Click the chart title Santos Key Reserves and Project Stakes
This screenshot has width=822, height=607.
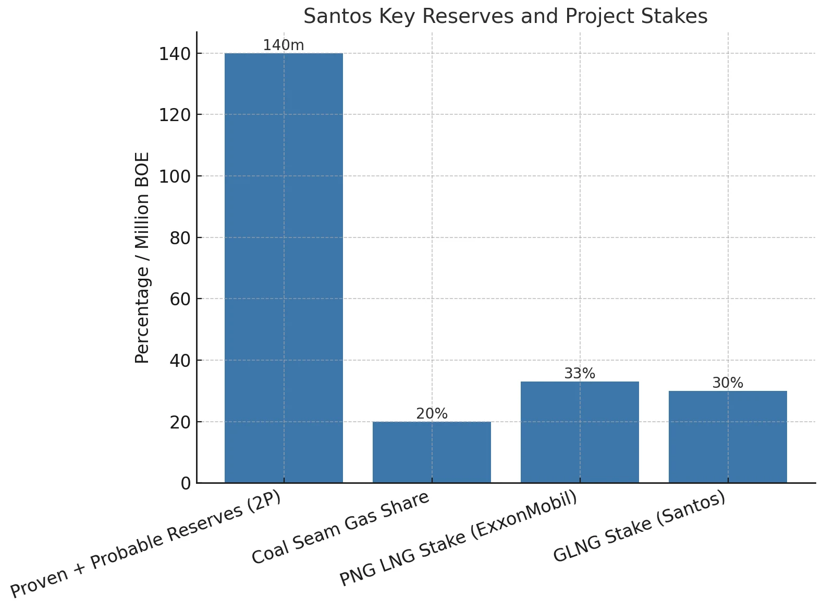(x=505, y=17)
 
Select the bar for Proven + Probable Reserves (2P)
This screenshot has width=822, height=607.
(x=284, y=268)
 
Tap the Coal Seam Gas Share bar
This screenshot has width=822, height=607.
(x=432, y=452)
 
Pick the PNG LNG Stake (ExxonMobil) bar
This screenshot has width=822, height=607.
(x=580, y=432)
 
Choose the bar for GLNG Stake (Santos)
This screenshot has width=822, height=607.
(x=728, y=437)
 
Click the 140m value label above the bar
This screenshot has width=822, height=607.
(x=284, y=45)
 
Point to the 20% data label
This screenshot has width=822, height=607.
(x=432, y=414)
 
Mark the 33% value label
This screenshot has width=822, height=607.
(x=580, y=374)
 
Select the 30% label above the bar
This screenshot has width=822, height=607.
(x=728, y=383)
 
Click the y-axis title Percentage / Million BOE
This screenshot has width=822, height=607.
(x=142, y=257)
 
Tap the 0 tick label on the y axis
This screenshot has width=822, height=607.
(x=186, y=483)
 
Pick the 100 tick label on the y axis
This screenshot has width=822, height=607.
(x=175, y=176)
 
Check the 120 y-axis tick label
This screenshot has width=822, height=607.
(x=175, y=115)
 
